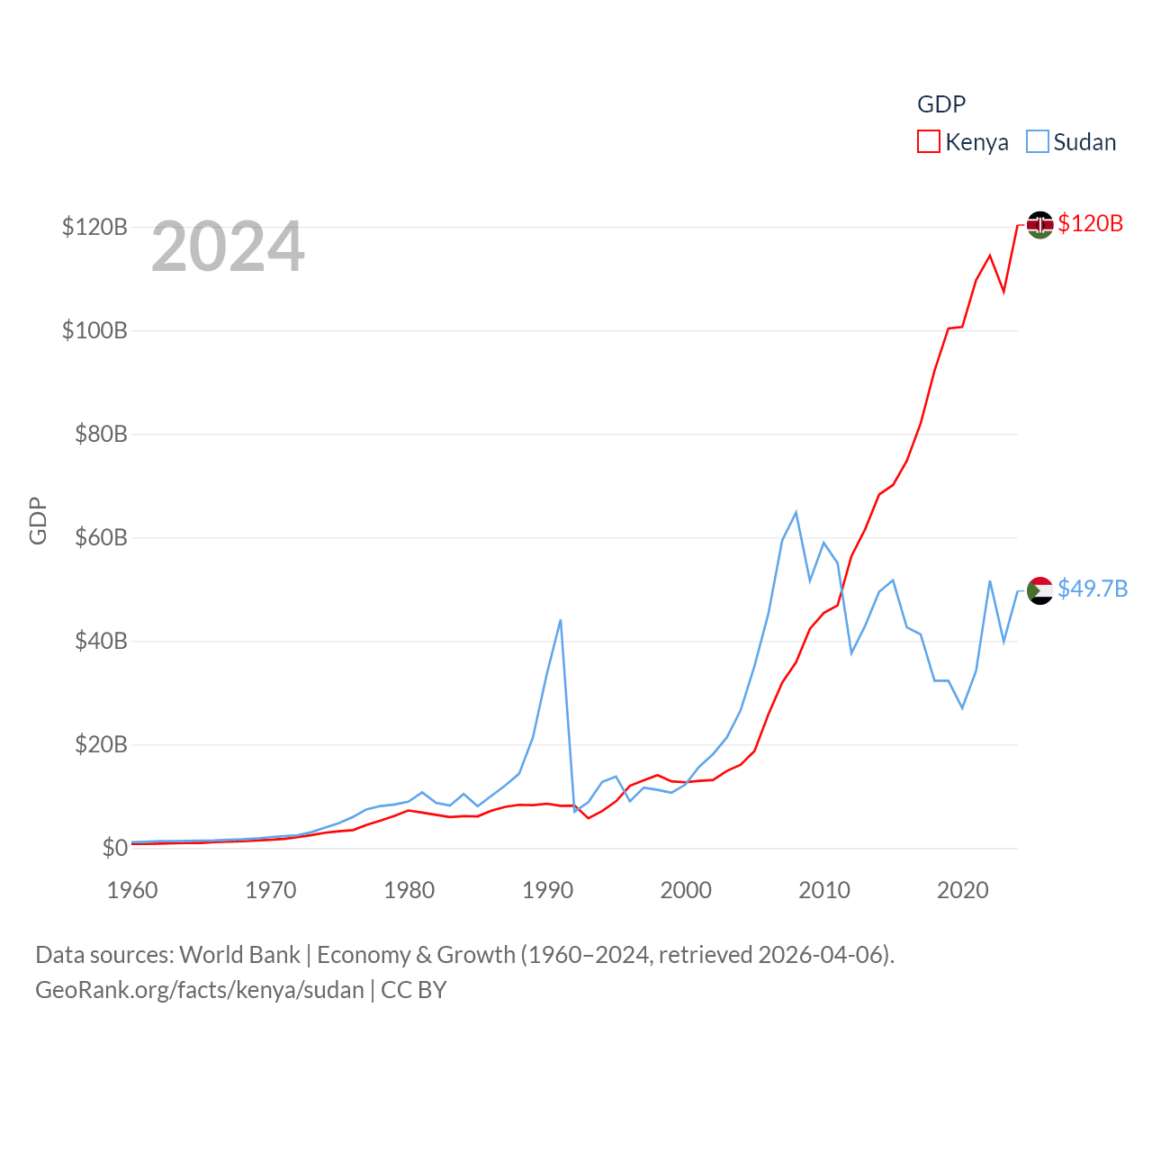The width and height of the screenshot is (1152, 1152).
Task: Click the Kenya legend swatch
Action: coord(929,142)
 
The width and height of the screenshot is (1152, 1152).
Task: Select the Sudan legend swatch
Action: coord(1038,142)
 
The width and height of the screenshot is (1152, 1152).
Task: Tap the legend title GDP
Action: coord(941,104)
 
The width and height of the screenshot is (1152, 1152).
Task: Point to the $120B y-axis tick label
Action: coord(94,227)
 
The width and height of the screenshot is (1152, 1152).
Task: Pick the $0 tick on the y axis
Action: coord(114,848)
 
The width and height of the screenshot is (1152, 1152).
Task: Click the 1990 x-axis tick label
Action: coord(547,890)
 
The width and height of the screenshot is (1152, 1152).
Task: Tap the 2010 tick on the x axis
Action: coord(824,890)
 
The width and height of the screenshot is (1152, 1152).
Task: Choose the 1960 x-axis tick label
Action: coord(132,890)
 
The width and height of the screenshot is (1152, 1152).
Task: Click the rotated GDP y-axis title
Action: coord(38,520)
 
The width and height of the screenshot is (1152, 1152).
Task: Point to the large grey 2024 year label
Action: coord(228,247)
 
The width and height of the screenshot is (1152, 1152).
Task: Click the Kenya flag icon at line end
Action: coord(1039,225)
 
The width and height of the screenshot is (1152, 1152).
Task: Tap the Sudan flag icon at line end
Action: coord(1039,590)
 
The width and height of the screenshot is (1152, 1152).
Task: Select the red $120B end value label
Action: coord(1091,223)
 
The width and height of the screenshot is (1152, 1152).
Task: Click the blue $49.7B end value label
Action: coord(1093,589)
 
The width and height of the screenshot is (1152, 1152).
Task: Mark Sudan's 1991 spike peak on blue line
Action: coord(561,620)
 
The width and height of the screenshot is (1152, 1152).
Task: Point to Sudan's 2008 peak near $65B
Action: coord(796,512)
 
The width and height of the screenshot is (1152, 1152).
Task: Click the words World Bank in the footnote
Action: coord(240,955)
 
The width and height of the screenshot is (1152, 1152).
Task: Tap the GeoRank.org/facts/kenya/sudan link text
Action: coord(200,990)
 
